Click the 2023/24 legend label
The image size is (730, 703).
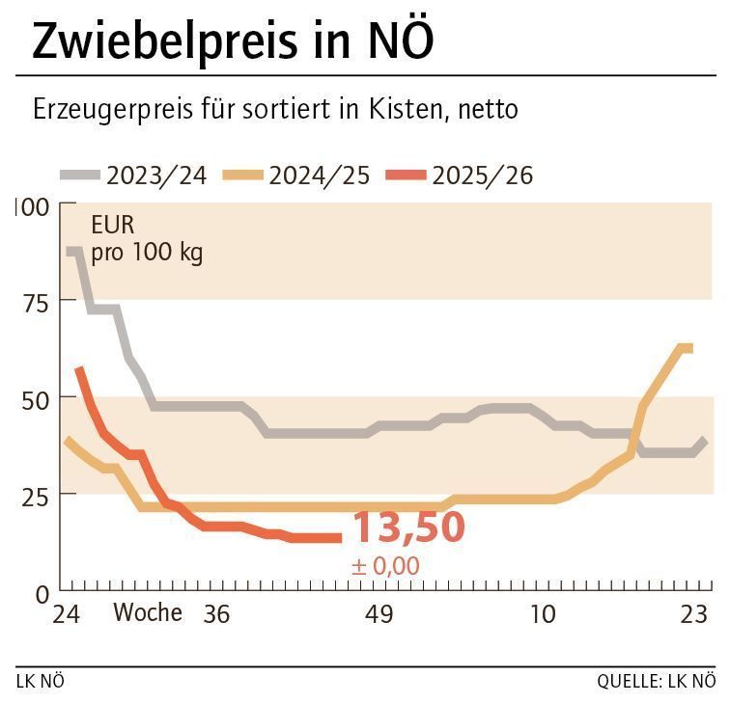point(156,176)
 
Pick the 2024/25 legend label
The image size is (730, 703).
point(320,176)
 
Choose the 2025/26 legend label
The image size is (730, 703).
point(483,176)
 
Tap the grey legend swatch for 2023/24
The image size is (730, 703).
point(80,176)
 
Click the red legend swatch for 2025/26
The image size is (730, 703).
point(406,176)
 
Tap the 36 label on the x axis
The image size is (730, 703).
point(217,614)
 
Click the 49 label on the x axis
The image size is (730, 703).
point(380,614)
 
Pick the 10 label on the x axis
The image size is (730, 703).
point(544,614)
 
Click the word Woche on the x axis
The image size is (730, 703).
point(148,613)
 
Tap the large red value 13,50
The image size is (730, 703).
point(408,528)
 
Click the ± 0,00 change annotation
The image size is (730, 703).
point(385,566)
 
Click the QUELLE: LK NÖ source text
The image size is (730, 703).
point(656,682)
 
